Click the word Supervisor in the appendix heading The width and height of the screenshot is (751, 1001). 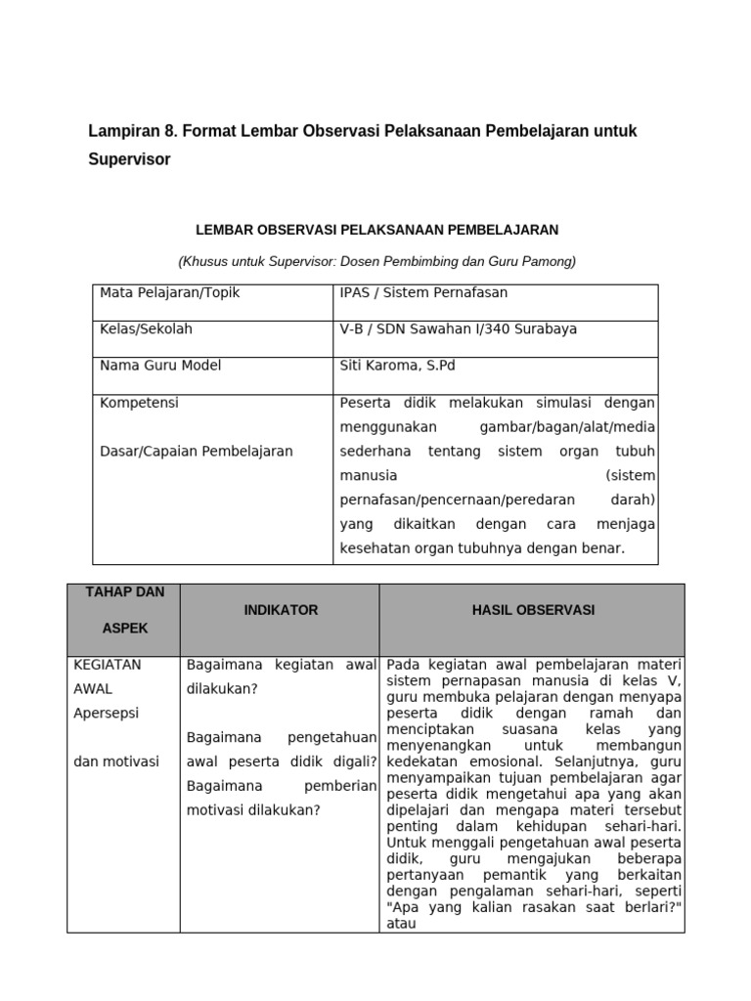click(129, 159)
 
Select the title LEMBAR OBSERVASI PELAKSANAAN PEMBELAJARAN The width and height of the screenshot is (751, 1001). click(376, 230)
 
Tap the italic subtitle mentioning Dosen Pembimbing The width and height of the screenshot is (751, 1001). click(376, 261)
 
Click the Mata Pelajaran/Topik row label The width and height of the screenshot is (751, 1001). click(169, 292)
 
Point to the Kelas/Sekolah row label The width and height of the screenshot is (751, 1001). click(147, 328)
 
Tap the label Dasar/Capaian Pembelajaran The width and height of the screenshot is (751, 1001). click(197, 451)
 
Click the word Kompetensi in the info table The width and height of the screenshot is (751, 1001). click(139, 403)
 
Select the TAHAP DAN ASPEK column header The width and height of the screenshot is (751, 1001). click(124, 610)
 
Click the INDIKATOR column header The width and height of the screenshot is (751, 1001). click(281, 610)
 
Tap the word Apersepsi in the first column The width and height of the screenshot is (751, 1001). click(106, 713)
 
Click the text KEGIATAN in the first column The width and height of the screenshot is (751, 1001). click(108, 665)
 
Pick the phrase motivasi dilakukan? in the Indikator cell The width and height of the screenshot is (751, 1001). click(252, 808)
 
